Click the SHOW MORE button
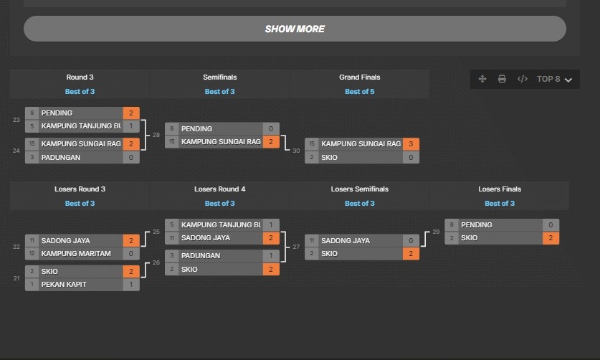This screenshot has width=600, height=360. tap(295, 29)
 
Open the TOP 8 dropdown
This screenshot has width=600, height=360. tap(554, 79)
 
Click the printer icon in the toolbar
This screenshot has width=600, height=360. tap(502, 79)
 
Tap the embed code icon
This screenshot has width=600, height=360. tap(522, 79)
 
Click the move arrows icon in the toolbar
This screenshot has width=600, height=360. tap(482, 79)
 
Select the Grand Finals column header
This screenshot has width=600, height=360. tap(359, 77)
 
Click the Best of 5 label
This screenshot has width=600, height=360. tap(359, 92)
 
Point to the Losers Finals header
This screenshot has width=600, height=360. tap(500, 189)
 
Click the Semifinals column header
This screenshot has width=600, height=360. tap(220, 77)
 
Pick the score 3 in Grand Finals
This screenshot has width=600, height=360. tap(411, 144)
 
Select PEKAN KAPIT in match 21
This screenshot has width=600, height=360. tap(64, 285)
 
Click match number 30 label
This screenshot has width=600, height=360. tap(296, 151)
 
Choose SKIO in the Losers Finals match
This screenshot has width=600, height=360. tap(470, 238)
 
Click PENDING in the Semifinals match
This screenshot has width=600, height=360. tap(196, 128)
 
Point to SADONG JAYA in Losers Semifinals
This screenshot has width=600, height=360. tap(346, 240)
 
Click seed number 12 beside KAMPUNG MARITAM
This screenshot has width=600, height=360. tap(32, 253)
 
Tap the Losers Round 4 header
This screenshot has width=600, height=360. tap(220, 189)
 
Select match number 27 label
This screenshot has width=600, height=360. tap(296, 247)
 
